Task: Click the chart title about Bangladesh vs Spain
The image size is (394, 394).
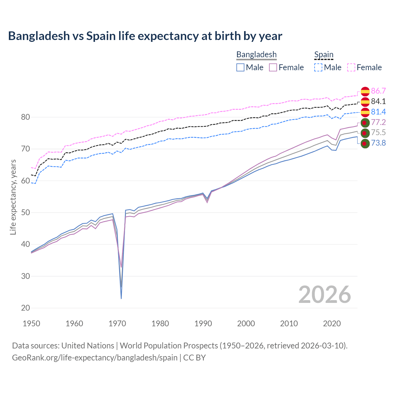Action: pos(145,36)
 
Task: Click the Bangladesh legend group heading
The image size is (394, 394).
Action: pos(256,54)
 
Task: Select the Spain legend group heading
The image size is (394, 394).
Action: pos(324,54)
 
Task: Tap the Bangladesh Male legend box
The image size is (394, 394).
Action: pos(240,67)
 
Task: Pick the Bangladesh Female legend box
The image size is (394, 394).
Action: pos(273,67)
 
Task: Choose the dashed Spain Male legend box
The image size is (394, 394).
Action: pos(318,67)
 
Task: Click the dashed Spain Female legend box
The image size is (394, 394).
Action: pos(351,67)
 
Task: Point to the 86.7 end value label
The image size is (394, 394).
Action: pos(378,91)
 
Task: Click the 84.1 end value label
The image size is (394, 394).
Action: pos(378,101)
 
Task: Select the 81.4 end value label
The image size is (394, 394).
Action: pos(378,112)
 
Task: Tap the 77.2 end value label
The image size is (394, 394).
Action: pos(378,122)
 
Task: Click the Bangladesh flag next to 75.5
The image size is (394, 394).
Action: pos(365,133)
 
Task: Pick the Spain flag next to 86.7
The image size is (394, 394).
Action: pos(365,91)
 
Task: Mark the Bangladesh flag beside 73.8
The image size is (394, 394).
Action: pos(365,143)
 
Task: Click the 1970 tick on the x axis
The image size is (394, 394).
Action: pos(117,324)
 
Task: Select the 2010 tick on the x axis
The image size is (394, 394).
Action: pos(289,324)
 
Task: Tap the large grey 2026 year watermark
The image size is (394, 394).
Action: pos(324,295)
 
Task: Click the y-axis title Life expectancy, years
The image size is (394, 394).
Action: pos(13,197)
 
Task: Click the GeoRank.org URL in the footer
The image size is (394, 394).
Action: pos(94,358)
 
